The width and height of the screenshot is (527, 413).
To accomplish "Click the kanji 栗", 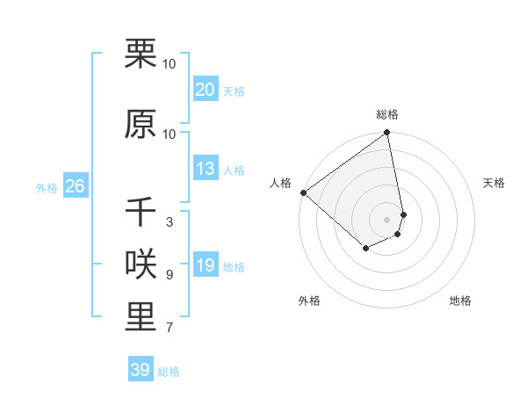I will tap(141, 54).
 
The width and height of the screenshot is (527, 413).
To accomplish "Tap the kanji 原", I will tap(141, 124).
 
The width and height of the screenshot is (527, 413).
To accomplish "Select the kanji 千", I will tap(141, 213).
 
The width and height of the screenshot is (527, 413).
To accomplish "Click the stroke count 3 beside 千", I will tap(169, 222).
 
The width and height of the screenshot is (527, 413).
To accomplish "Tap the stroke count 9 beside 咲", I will tap(169, 275).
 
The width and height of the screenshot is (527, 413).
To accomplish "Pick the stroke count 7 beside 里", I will tap(169, 328).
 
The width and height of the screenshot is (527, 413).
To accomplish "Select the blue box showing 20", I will tap(205, 90).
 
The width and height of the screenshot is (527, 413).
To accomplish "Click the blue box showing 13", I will tap(205, 169).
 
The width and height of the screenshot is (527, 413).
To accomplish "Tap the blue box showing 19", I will tap(205, 265).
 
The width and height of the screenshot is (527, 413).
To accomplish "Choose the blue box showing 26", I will tap(75, 186).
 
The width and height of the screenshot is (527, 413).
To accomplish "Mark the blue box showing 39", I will tap(140, 370).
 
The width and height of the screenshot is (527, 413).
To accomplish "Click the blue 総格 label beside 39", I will tap(170, 372).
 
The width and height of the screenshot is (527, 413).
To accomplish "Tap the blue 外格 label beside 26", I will tap(47, 187).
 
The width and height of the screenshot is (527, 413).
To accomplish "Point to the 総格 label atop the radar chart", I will tap(387, 114).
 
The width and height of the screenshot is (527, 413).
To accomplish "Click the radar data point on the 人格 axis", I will tap(303, 192).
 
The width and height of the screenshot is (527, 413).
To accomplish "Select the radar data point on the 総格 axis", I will tap(387, 134).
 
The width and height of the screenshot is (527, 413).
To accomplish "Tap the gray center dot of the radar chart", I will tap(387, 220).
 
